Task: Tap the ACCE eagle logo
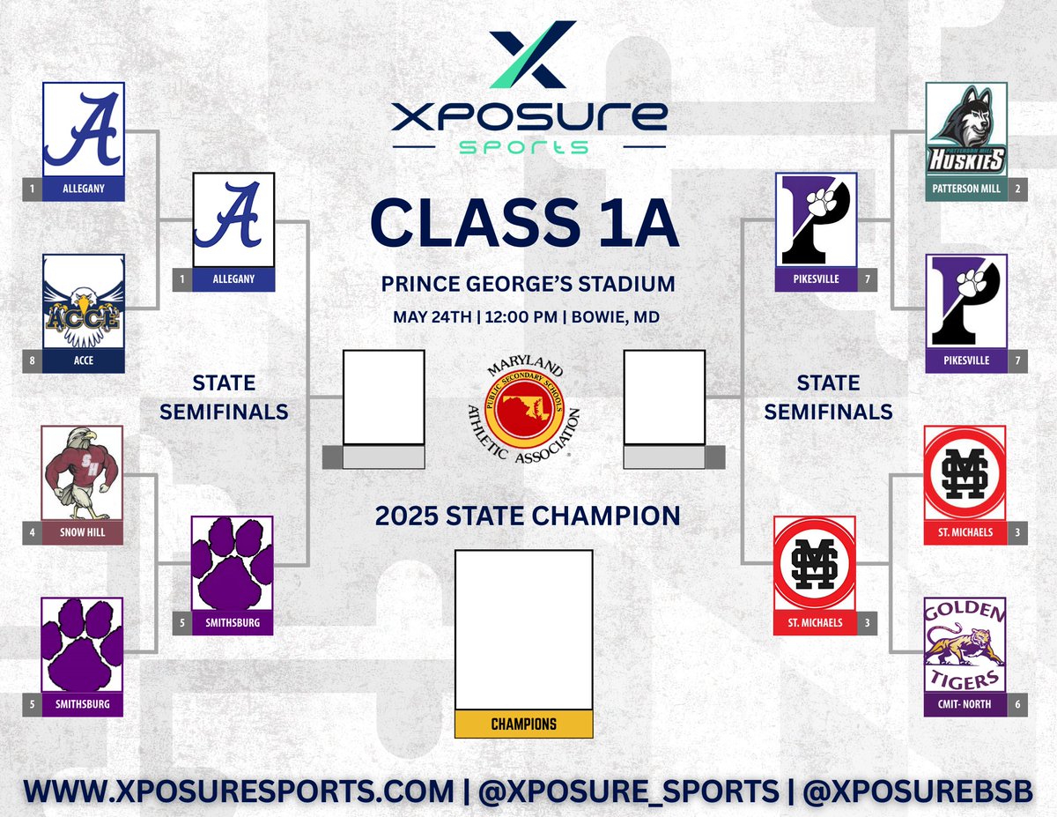click(x=84, y=302)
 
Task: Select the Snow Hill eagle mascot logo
click(x=83, y=473)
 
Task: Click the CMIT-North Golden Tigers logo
click(x=965, y=645)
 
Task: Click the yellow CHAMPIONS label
click(x=523, y=724)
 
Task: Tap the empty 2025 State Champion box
click(x=523, y=629)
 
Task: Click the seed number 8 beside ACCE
click(x=32, y=361)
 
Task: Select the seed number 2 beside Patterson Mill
click(x=1017, y=189)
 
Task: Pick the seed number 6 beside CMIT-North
click(x=1017, y=705)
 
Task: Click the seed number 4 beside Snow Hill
click(x=32, y=533)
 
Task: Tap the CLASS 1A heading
click(x=525, y=222)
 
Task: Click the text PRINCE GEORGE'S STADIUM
click(x=528, y=285)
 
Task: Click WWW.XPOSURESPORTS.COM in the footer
click(x=239, y=791)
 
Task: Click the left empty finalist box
click(x=383, y=397)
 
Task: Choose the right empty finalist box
click(x=663, y=397)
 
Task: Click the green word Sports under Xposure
click(x=528, y=145)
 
